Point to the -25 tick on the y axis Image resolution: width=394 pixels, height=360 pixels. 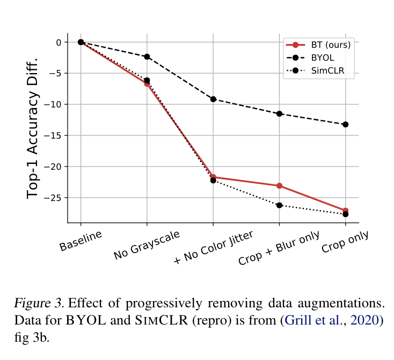coord(54,198)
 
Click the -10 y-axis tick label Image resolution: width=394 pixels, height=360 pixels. coord(54,104)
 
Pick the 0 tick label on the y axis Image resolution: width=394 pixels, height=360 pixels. coord(60,42)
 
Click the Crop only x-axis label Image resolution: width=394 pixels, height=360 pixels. coord(344,242)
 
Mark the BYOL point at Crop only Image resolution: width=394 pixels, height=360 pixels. coord(345,125)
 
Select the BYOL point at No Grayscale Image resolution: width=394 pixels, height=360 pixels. coord(147,56)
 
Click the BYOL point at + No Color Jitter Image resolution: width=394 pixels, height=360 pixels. coord(213,99)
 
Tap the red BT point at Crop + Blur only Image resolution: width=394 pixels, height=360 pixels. coord(279,186)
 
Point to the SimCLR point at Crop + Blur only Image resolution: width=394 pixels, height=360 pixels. coord(279,205)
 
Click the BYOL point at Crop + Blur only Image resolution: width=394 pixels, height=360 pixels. coord(279,113)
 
